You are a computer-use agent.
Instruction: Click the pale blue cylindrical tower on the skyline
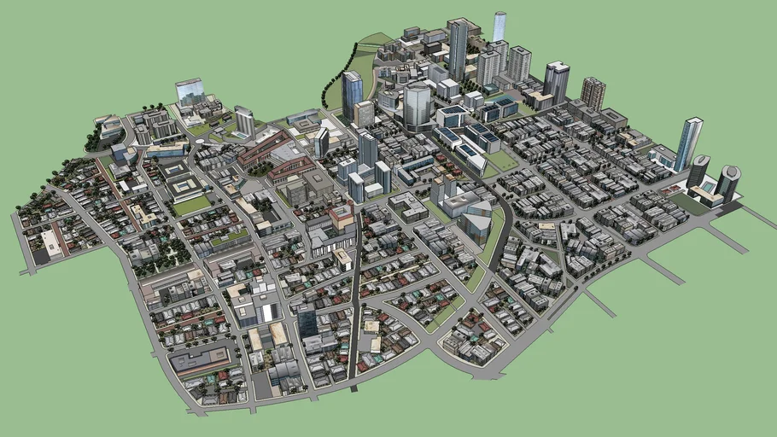point(499,26)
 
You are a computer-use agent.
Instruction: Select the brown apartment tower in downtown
point(592,92)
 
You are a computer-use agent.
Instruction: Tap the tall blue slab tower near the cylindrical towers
point(687,143)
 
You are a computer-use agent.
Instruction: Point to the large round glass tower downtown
point(418,104)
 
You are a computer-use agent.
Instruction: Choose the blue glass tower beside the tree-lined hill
point(352,94)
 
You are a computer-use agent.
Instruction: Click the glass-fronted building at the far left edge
point(189,90)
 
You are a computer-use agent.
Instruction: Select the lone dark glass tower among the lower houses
point(307,321)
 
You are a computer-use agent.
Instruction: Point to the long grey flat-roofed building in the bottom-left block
point(201,360)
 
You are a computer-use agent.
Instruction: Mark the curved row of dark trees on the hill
point(329,81)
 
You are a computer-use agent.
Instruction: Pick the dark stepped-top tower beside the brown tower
point(556,81)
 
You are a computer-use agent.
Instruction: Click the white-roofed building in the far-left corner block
point(51,245)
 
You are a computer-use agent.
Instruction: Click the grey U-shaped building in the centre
point(408,206)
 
